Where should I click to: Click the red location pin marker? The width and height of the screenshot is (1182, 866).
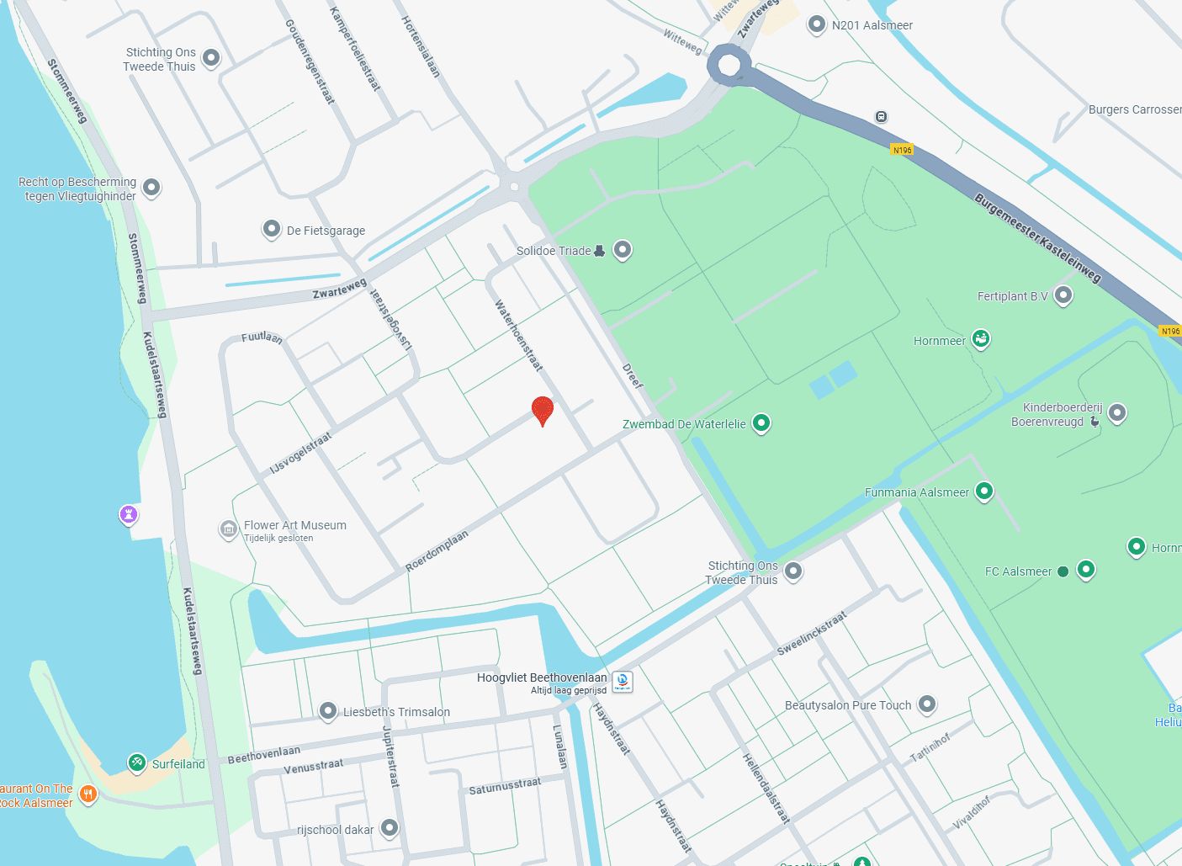pos(543,411)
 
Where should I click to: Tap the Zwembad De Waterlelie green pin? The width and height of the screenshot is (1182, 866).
pos(761,422)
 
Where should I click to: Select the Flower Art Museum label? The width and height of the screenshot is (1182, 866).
pos(294,525)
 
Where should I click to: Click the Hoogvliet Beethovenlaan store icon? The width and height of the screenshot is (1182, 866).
pos(622,681)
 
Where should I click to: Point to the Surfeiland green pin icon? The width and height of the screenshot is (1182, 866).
pos(136,762)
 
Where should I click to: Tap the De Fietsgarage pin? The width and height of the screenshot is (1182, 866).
pos(271,229)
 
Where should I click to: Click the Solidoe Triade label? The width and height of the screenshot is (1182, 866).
pos(554,251)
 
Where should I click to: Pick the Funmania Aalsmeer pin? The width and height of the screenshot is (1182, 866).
pos(983,491)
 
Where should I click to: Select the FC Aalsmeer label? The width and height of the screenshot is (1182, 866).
pos(1018,571)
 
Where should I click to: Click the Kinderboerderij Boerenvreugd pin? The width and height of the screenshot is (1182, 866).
pos(1116,412)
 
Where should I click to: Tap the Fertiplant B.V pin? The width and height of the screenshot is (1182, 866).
pos(1063,295)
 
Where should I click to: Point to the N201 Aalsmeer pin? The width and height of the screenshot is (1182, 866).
pos(816,24)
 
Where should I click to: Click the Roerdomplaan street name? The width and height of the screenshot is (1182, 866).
pos(437,550)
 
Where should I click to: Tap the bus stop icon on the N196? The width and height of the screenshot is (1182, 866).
pos(881,117)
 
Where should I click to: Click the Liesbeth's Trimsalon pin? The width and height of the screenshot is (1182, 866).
pos(328,711)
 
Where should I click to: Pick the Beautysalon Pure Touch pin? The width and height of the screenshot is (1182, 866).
pos(926,704)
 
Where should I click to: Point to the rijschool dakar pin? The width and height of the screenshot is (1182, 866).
pos(389,828)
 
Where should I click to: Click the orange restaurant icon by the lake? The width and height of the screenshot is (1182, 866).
pos(88,794)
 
